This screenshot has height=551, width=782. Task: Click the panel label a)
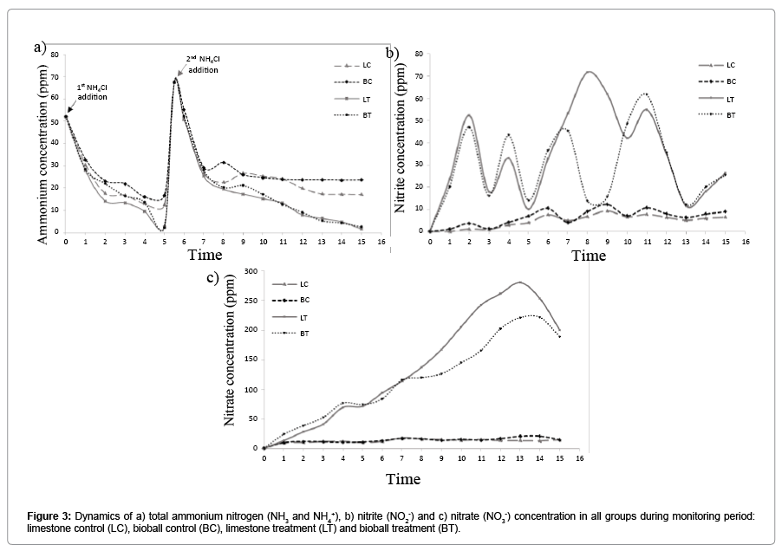click(39, 47)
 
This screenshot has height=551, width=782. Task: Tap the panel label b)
click(392, 53)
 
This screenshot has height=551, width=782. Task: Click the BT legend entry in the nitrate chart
click(295, 334)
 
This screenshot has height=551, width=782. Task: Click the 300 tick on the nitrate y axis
click(251, 271)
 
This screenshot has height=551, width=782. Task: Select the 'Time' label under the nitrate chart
click(403, 478)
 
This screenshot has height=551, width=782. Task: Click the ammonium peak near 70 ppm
click(175, 80)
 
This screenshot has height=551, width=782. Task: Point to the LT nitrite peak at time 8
click(589, 72)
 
